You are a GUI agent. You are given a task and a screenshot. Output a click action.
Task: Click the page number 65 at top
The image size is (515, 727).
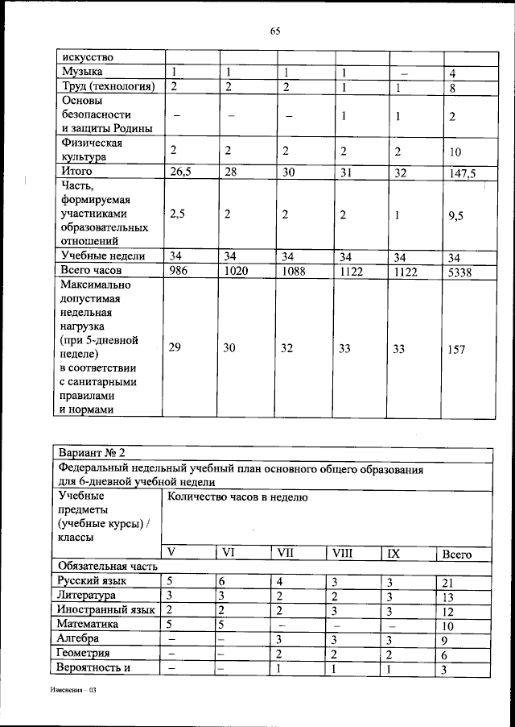pos(274,31)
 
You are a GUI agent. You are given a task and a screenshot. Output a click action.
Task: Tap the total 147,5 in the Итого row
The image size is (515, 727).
pos(462,172)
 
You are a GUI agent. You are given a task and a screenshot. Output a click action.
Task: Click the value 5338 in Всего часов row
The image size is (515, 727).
pos(459,272)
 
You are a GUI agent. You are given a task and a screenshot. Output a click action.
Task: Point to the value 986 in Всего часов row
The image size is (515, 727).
pos(180,272)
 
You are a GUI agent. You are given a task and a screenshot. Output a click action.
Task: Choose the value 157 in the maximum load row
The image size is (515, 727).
pos(456,350)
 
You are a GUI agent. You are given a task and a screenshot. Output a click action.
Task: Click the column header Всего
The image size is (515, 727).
pos(457,555)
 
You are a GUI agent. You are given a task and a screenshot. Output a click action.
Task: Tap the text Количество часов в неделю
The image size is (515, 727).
pos(237,498)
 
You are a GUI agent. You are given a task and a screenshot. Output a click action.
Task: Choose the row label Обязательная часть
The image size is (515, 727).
pos(99,567)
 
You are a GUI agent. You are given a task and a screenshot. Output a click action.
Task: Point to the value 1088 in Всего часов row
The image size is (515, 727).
pos(291,272)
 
